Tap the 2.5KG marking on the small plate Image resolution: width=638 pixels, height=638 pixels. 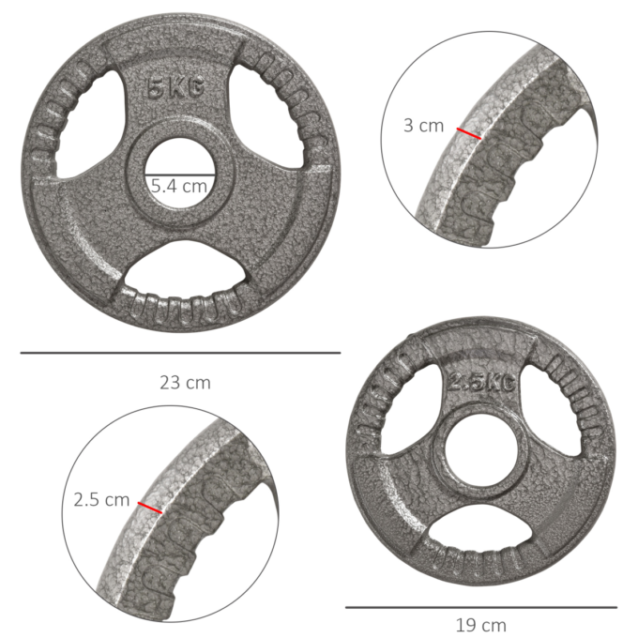[x=480, y=383]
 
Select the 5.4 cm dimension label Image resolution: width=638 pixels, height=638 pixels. [x=179, y=186]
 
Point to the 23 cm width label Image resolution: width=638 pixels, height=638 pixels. [x=185, y=382]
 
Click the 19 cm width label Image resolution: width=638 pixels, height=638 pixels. [x=481, y=625]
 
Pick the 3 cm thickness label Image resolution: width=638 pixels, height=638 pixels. [x=423, y=125]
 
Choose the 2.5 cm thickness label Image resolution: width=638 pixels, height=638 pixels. [x=101, y=500]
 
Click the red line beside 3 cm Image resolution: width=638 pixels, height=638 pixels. [x=469, y=133]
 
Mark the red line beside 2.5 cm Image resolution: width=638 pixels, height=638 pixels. [x=150, y=509]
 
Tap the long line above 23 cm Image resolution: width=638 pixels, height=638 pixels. [x=180, y=353]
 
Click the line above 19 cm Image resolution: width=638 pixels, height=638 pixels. [x=481, y=607]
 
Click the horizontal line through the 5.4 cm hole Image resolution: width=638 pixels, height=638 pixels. [x=179, y=174]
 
